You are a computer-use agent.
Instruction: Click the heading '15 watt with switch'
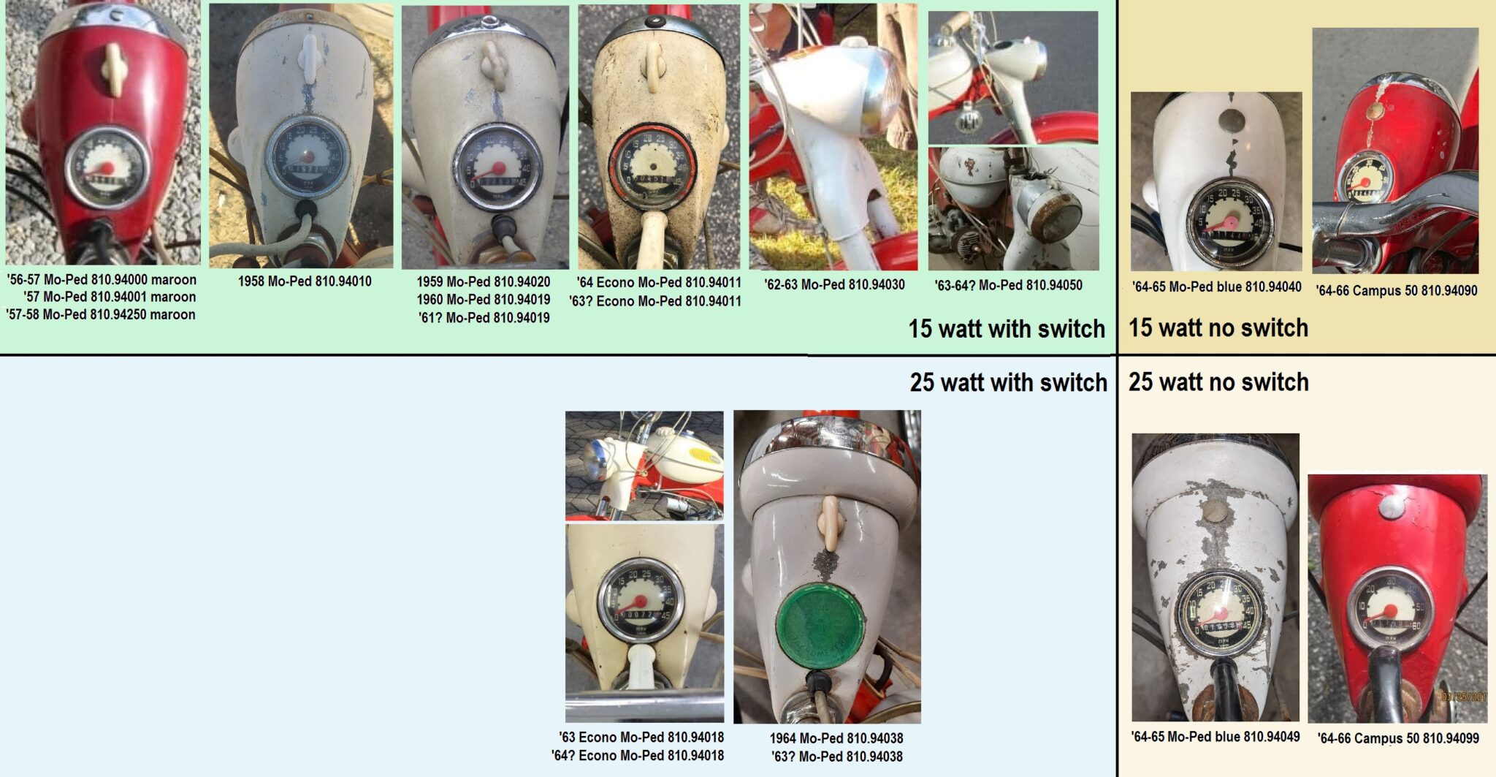(x=1006, y=329)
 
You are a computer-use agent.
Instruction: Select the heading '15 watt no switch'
(x=1218, y=327)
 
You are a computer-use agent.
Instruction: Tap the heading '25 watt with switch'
(x=1007, y=382)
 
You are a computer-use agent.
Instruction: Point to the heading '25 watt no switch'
(x=1218, y=382)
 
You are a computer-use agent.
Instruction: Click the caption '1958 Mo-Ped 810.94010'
(x=305, y=281)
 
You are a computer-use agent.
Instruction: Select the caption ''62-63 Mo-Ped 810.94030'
(x=834, y=284)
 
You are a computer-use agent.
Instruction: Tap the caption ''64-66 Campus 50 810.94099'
(x=1398, y=738)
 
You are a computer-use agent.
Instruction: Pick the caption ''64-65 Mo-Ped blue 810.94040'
(x=1216, y=287)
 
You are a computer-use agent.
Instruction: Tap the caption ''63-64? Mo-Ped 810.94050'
(x=1008, y=285)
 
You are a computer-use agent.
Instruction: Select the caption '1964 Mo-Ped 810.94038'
(x=836, y=738)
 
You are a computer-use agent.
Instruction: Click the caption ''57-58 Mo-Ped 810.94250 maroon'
(x=101, y=315)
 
